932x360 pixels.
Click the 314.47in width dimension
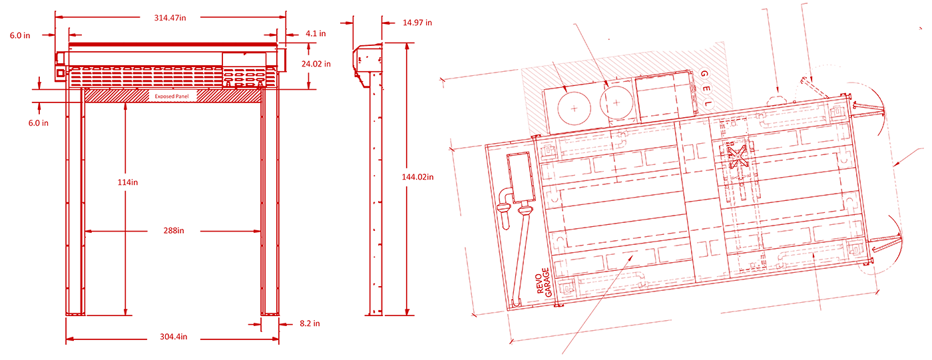click(170, 18)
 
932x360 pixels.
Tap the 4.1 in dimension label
click(316, 34)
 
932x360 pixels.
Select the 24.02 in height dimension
click(316, 64)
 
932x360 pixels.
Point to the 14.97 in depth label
click(417, 23)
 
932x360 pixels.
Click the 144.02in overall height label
click(417, 177)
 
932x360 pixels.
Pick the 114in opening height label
click(128, 182)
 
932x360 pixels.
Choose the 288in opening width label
click(174, 231)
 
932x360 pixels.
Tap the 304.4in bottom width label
click(174, 337)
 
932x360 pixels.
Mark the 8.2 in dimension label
click(310, 323)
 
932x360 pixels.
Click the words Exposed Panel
click(172, 96)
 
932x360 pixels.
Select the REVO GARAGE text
click(544, 283)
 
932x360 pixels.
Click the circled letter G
click(704, 74)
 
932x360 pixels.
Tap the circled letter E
click(706, 89)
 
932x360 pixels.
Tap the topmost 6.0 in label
click(20, 36)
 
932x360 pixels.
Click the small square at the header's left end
click(61, 73)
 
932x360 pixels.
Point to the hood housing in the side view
click(367, 63)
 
